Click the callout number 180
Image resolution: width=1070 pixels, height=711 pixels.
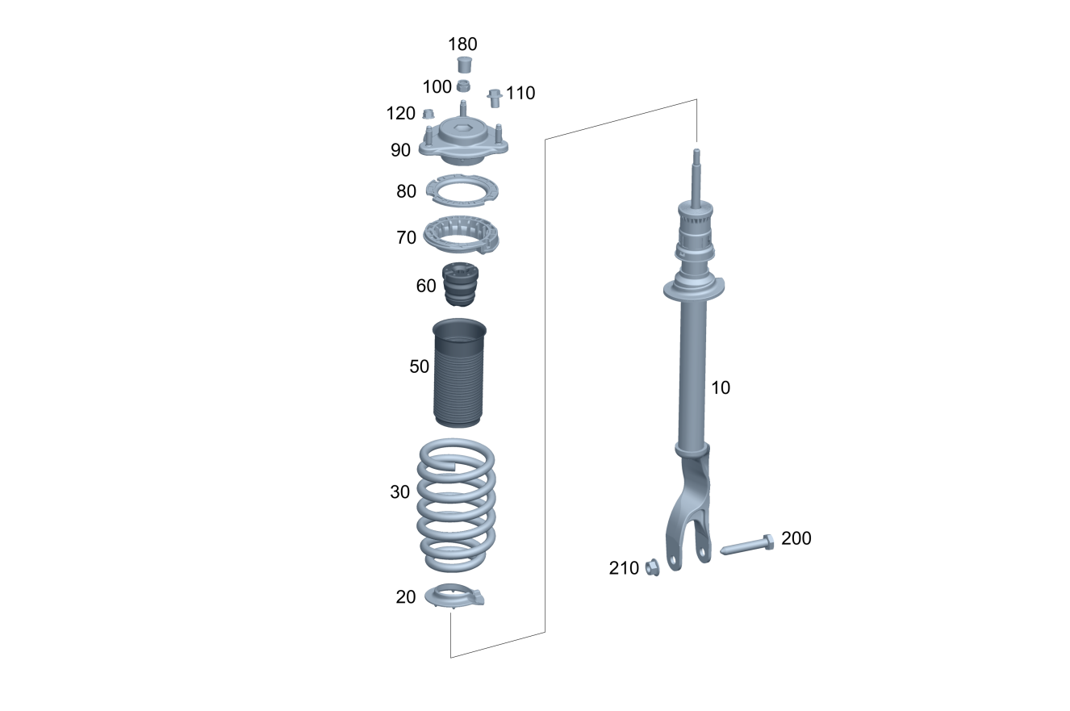(x=462, y=44)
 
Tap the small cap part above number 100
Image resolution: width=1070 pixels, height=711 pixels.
(x=464, y=65)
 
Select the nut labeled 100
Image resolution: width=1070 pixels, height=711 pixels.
(x=463, y=86)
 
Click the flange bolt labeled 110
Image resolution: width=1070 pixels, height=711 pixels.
(x=495, y=98)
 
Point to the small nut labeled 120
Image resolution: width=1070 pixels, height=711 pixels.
(x=428, y=114)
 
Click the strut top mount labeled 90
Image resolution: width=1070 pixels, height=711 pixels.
(x=463, y=139)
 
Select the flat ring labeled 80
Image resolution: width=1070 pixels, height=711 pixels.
(x=462, y=190)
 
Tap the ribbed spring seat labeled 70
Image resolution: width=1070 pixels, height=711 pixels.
(x=461, y=236)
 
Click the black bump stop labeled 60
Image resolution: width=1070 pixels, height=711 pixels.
(x=461, y=285)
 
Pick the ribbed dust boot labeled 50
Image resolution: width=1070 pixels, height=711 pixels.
(x=458, y=373)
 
